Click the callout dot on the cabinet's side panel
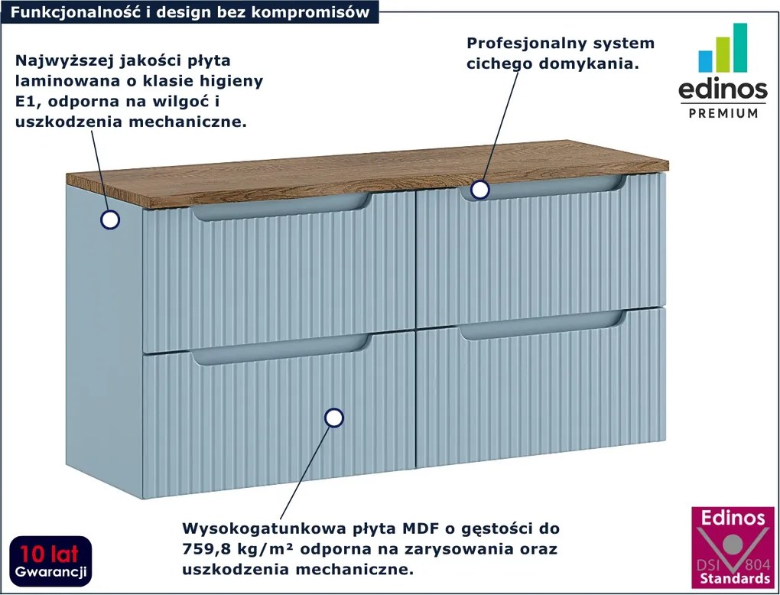[x=109, y=219]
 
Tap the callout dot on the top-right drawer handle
[x=479, y=190]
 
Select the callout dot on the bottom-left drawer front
[x=333, y=418]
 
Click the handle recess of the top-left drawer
[x=281, y=207]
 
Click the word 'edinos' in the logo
[x=723, y=89]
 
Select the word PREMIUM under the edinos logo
[x=723, y=113]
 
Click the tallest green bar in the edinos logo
[x=740, y=47]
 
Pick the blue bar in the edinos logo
[x=705, y=61]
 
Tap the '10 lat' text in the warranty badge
[x=49, y=554]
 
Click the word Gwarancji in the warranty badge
[x=50, y=571]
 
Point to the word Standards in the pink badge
[x=735, y=579]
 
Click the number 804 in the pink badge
[x=756, y=564]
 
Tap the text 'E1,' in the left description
[x=28, y=102]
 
